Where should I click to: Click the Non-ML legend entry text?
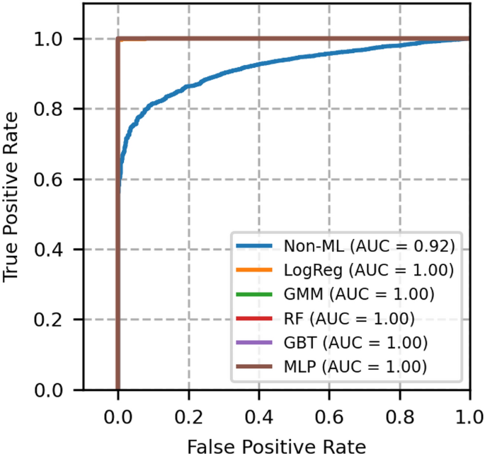pos(368,246)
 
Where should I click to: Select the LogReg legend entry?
pos(368,270)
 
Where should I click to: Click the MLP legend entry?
pos(355,367)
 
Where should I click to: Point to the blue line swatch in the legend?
pos(253,246)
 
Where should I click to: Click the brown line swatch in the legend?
pos(253,367)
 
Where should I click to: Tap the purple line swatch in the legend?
pos(253,343)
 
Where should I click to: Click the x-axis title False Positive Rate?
pos(276,446)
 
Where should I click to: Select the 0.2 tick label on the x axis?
pos(188,414)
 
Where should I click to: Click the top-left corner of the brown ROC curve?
pos(118,38)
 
